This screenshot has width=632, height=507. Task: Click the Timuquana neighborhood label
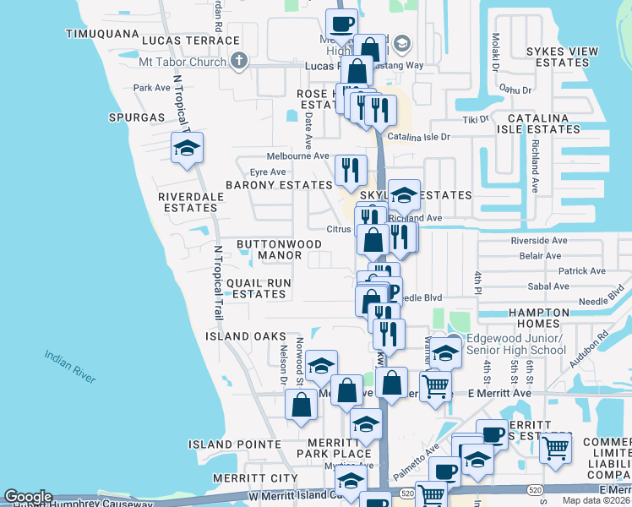click(x=101, y=34)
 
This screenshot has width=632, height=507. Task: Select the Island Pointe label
click(x=235, y=444)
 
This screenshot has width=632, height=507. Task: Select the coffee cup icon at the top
click(x=341, y=24)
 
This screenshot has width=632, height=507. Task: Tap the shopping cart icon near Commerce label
click(x=555, y=448)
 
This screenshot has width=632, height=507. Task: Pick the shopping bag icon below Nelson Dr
click(x=302, y=405)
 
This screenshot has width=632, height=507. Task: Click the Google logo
click(x=28, y=497)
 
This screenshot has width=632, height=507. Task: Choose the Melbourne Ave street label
click(x=297, y=156)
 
